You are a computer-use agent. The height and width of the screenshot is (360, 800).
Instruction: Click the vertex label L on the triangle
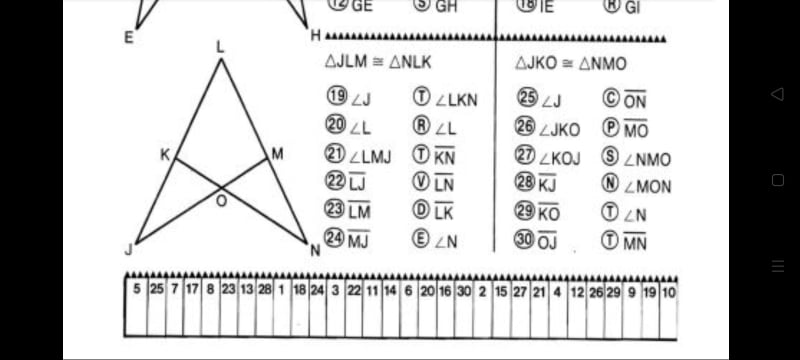pyautogui.click(x=220, y=46)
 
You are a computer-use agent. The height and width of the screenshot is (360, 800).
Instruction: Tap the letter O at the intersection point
pyautogui.click(x=221, y=200)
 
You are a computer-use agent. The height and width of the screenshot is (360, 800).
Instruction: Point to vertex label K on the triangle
pyautogui.click(x=165, y=154)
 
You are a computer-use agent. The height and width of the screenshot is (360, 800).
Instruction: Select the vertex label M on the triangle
pyautogui.click(x=277, y=154)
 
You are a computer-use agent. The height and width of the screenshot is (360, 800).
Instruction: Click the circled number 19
pyautogui.click(x=336, y=97)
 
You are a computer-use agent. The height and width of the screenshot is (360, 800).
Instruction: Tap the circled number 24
pyautogui.click(x=336, y=238)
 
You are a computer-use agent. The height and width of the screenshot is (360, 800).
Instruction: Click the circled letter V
pyautogui.click(x=422, y=182)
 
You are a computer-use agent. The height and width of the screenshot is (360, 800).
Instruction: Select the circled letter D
pyautogui.click(x=422, y=210)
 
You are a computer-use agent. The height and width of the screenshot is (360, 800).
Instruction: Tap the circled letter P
pyautogui.click(x=611, y=126)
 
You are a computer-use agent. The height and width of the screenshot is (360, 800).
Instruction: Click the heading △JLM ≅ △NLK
pyautogui.click(x=379, y=62)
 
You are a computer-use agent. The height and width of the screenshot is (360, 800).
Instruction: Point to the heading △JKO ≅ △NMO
pyautogui.click(x=571, y=62)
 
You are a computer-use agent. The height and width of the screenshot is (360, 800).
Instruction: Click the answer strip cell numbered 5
pyautogui.click(x=136, y=290)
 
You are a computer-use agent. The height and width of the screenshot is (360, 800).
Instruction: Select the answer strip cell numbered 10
pyautogui.click(x=667, y=290)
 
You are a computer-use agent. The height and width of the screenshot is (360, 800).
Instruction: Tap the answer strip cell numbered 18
pyautogui.click(x=299, y=290)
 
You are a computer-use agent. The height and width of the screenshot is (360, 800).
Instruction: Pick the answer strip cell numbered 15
pyautogui.click(x=500, y=290)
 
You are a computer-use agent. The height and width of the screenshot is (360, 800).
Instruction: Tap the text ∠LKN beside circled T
pyautogui.click(x=456, y=98)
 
